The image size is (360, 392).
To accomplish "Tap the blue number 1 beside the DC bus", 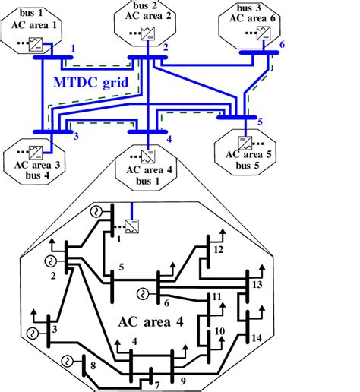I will [x=72, y=48].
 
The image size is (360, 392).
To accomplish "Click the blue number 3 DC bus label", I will [x=75, y=137].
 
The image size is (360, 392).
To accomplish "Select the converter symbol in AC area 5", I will [x=246, y=142].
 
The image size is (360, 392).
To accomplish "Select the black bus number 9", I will [x=182, y=380].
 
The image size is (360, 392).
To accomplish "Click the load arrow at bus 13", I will [x=262, y=271].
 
